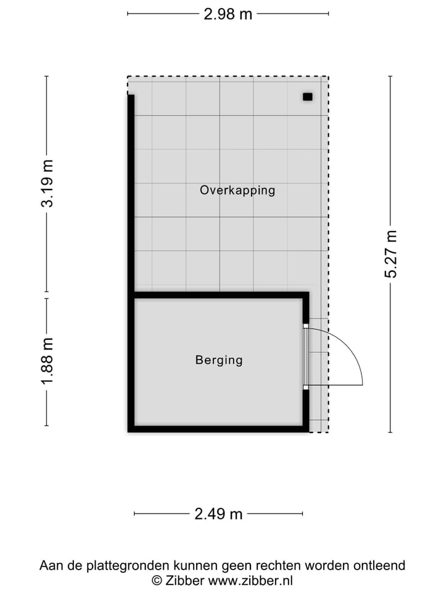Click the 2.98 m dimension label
[228, 14]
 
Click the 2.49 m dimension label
[218, 513]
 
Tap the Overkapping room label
[237, 190]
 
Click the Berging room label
[219, 360]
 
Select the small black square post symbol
[308, 96]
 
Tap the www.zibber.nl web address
[250, 581]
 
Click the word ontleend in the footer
[380, 565]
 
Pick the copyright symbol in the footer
[157, 581]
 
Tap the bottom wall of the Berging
[219, 429]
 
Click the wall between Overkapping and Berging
[219, 295]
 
